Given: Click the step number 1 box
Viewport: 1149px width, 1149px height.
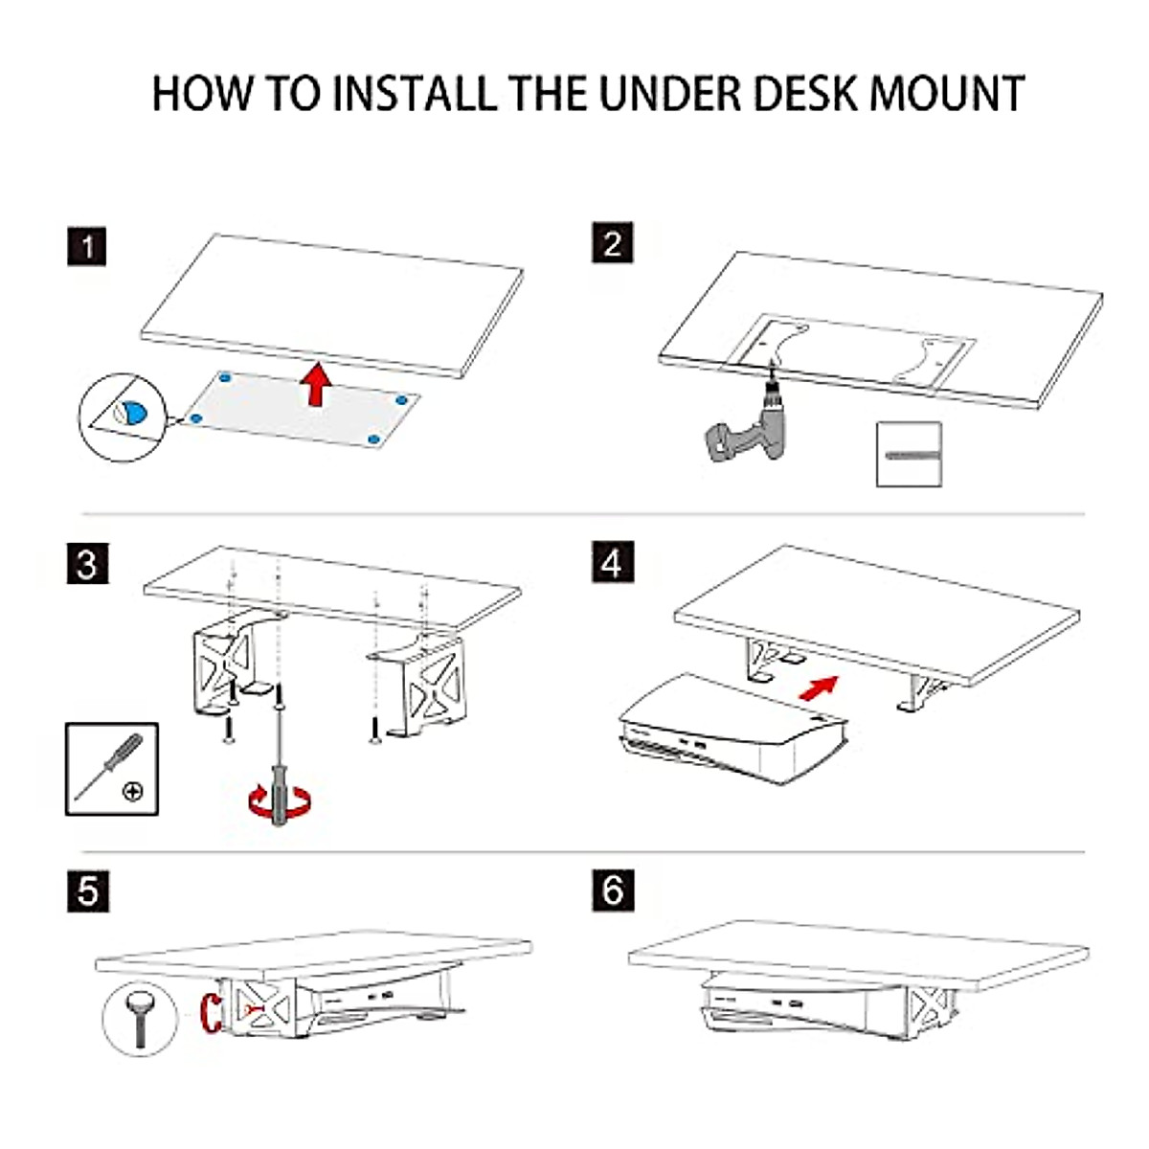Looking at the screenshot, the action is (x=87, y=246).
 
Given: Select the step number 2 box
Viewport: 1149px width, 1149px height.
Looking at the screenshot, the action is (x=612, y=243).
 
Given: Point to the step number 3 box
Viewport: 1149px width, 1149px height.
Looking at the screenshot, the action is (x=87, y=563).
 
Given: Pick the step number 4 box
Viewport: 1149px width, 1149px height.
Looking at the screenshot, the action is (x=612, y=563).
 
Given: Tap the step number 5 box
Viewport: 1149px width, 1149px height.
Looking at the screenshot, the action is (x=87, y=890).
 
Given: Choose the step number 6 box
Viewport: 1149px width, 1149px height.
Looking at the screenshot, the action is (x=613, y=890).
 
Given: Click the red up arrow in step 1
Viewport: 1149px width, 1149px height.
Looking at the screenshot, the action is (x=315, y=385).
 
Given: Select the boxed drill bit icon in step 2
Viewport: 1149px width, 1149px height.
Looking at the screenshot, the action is (x=909, y=454).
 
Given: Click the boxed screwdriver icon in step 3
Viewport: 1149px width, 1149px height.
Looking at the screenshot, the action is (x=111, y=768).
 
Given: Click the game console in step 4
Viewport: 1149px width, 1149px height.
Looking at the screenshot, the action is (x=732, y=732).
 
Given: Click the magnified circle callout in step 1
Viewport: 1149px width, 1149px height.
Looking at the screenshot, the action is (x=122, y=417).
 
